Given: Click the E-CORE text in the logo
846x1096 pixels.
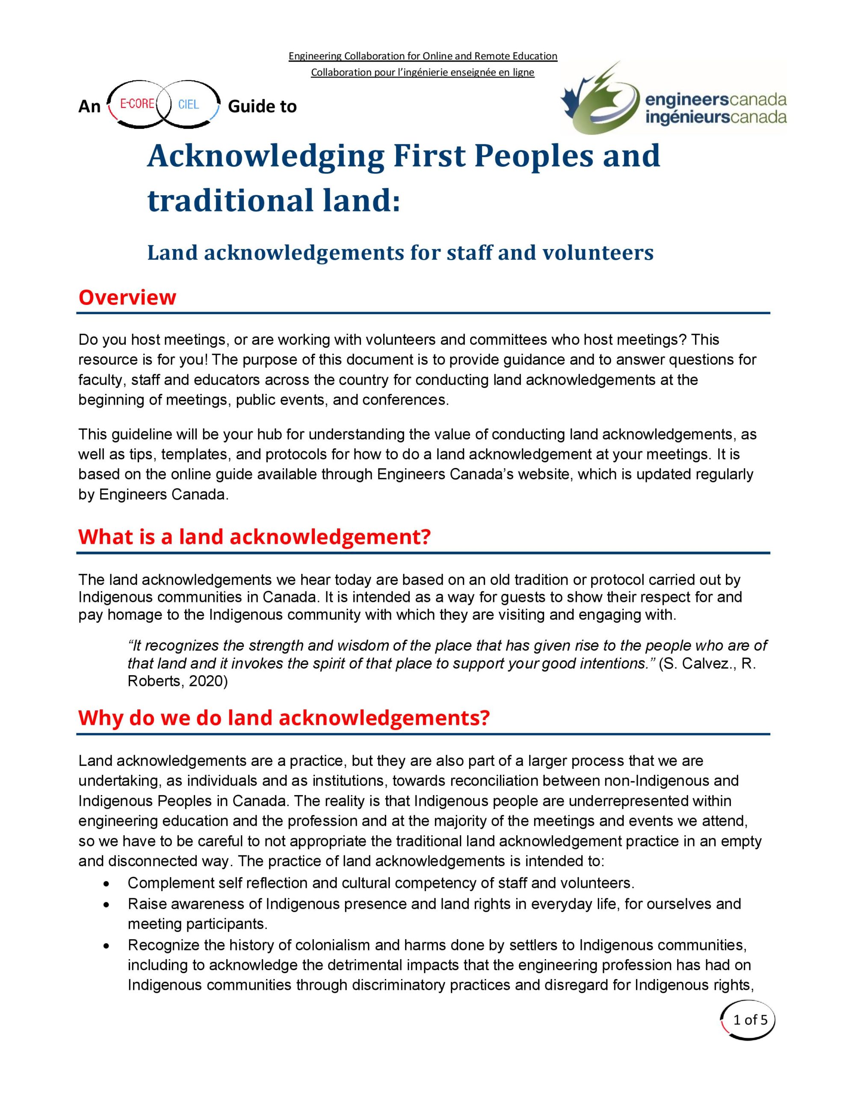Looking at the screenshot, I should (137, 104).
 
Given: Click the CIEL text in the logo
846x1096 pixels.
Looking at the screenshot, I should (189, 104).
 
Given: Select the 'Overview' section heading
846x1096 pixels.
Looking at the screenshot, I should (127, 297).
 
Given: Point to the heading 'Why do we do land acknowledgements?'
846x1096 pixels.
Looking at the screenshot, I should (283, 718).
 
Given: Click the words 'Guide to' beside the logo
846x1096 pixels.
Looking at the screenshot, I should (262, 106).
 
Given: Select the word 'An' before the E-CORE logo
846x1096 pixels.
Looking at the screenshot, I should (89, 106).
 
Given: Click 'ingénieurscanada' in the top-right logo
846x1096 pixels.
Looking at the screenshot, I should (716, 117).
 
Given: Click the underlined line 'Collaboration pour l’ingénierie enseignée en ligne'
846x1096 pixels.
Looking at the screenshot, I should (422, 72).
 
